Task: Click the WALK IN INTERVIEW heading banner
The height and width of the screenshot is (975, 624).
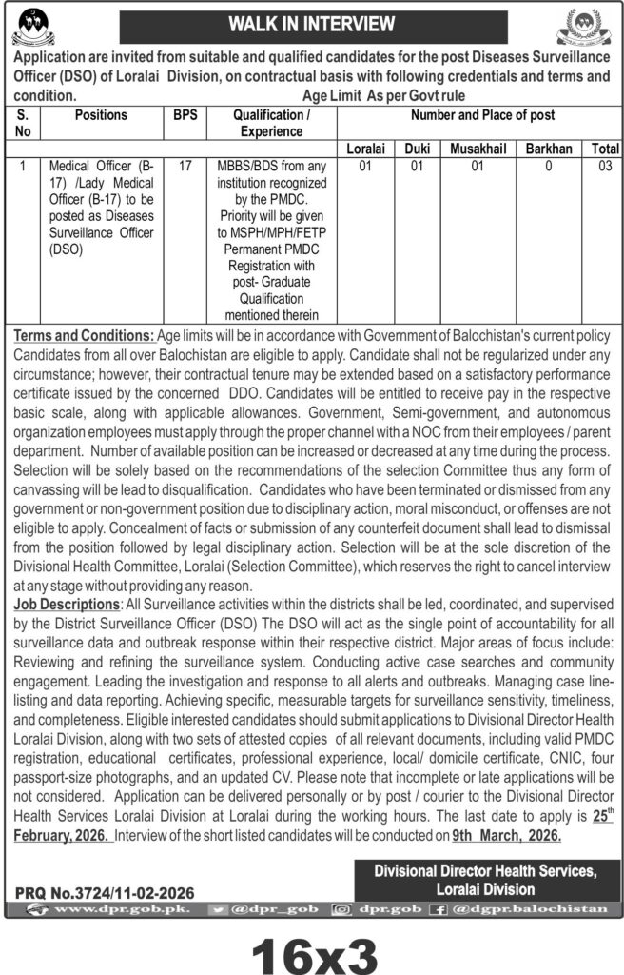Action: point(312,25)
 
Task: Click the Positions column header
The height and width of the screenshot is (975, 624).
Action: point(100,115)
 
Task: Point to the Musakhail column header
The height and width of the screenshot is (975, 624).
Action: point(478,149)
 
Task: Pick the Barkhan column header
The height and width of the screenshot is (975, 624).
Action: point(547,149)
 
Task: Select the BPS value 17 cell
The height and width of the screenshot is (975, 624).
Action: point(185,166)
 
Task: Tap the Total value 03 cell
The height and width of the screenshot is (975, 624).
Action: point(604,166)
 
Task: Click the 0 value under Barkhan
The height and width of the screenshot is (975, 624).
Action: point(547,166)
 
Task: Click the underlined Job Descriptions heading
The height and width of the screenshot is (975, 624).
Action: point(65,604)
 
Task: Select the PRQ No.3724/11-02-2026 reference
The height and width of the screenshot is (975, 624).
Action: point(106,893)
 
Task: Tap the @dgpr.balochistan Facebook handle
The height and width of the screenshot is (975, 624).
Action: point(541,909)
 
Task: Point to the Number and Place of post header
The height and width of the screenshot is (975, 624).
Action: point(482,115)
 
